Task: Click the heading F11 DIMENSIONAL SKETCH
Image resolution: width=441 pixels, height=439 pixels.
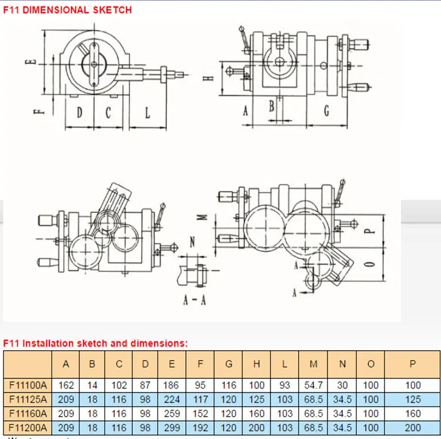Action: pyautogui.click(x=68, y=10)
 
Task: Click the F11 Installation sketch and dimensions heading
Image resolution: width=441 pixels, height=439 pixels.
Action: pyautogui.click(x=96, y=342)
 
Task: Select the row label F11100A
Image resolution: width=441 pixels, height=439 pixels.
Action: pyautogui.click(x=28, y=385)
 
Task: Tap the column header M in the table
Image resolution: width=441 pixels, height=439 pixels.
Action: pyautogui.click(x=313, y=364)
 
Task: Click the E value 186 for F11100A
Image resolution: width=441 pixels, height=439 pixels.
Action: pyautogui.click(x=172, y=385)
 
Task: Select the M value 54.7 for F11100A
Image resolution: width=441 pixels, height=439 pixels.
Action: pyautogui.click(x=313, y=385)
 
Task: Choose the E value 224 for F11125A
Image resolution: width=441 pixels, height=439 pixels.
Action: pyautogui.click(x=172, y=400)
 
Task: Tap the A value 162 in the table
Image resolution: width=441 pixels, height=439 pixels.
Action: pyautogui.click(x=66, y=385)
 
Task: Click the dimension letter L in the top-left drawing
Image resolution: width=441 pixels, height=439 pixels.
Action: pyautogui.click(x=148, y=112)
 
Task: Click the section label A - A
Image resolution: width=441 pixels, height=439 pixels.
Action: pyautogui.click(x=194, y=300)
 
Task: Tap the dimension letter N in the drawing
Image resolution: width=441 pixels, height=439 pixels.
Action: pyautogui.click(x=192, y=241)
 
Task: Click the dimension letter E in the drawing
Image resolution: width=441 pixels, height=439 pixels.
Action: pyautogui.click(x=35, y=59)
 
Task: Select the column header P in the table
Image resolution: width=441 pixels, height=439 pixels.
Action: pyautogui.click(x=413, y=364)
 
